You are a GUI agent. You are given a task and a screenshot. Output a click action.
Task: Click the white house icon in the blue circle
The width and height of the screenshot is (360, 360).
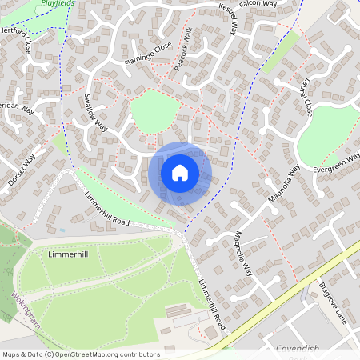coord(180,173)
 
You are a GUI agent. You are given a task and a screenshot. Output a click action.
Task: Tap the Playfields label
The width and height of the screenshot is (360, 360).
coord(58,3)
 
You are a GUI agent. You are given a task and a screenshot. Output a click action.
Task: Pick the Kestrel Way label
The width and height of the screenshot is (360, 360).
coord(228,18)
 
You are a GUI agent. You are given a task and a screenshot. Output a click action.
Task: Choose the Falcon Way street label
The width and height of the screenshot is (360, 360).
coord(258,6)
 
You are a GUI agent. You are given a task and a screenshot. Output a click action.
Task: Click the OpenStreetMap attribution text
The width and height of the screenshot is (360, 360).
coord(80,354)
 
